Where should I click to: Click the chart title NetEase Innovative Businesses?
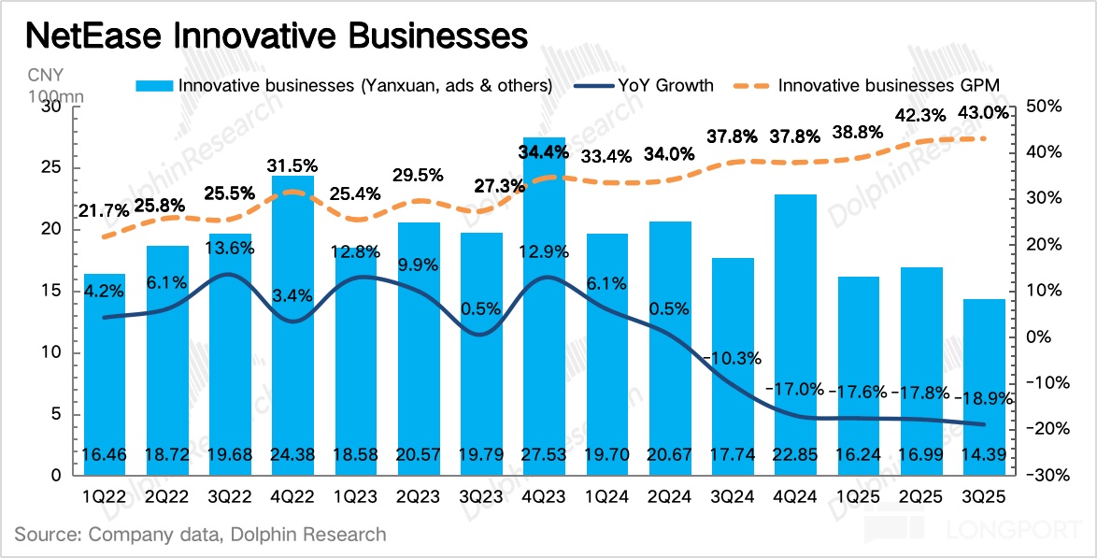(x=276, y=36)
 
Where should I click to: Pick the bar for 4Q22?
(x=293, y=327)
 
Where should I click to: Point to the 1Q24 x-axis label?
(x=605, y=495)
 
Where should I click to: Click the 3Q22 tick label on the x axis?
(x=230, y=495)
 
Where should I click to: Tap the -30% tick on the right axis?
(x=1041, y=475)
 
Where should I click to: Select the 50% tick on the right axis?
(x=1042, y=107)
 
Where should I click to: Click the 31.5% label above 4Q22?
(x=293, y=165)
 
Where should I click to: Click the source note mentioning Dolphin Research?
(x=200, y=535)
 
